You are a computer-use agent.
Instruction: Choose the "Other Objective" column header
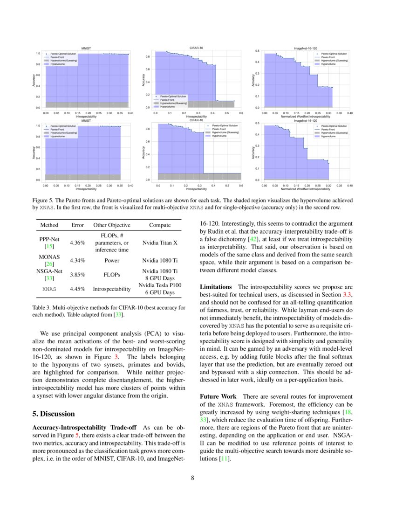[x=111, y=225]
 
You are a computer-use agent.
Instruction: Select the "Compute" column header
[x=160, y=225]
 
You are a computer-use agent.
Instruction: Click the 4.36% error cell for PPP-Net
[x=77, y=243]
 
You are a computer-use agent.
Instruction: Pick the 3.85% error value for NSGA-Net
[x=77, y=275]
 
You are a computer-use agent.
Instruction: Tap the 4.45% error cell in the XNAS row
[x=77, y=289]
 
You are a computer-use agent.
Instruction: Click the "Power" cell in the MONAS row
[x=111, y=261]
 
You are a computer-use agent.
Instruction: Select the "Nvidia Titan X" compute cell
[x=160, y=243]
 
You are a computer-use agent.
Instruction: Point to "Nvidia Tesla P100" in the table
[x=160, y=285]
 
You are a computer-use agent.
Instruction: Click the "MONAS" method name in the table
[x=49, y=257]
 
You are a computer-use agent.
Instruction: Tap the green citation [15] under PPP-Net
[x=49, y=246]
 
